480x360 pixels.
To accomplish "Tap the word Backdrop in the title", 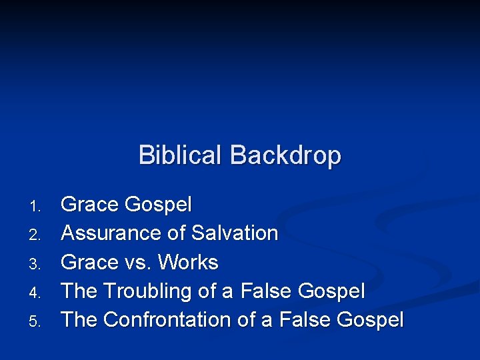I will (x=285, y=155).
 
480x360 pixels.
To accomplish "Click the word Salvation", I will (x=235, y=233).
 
